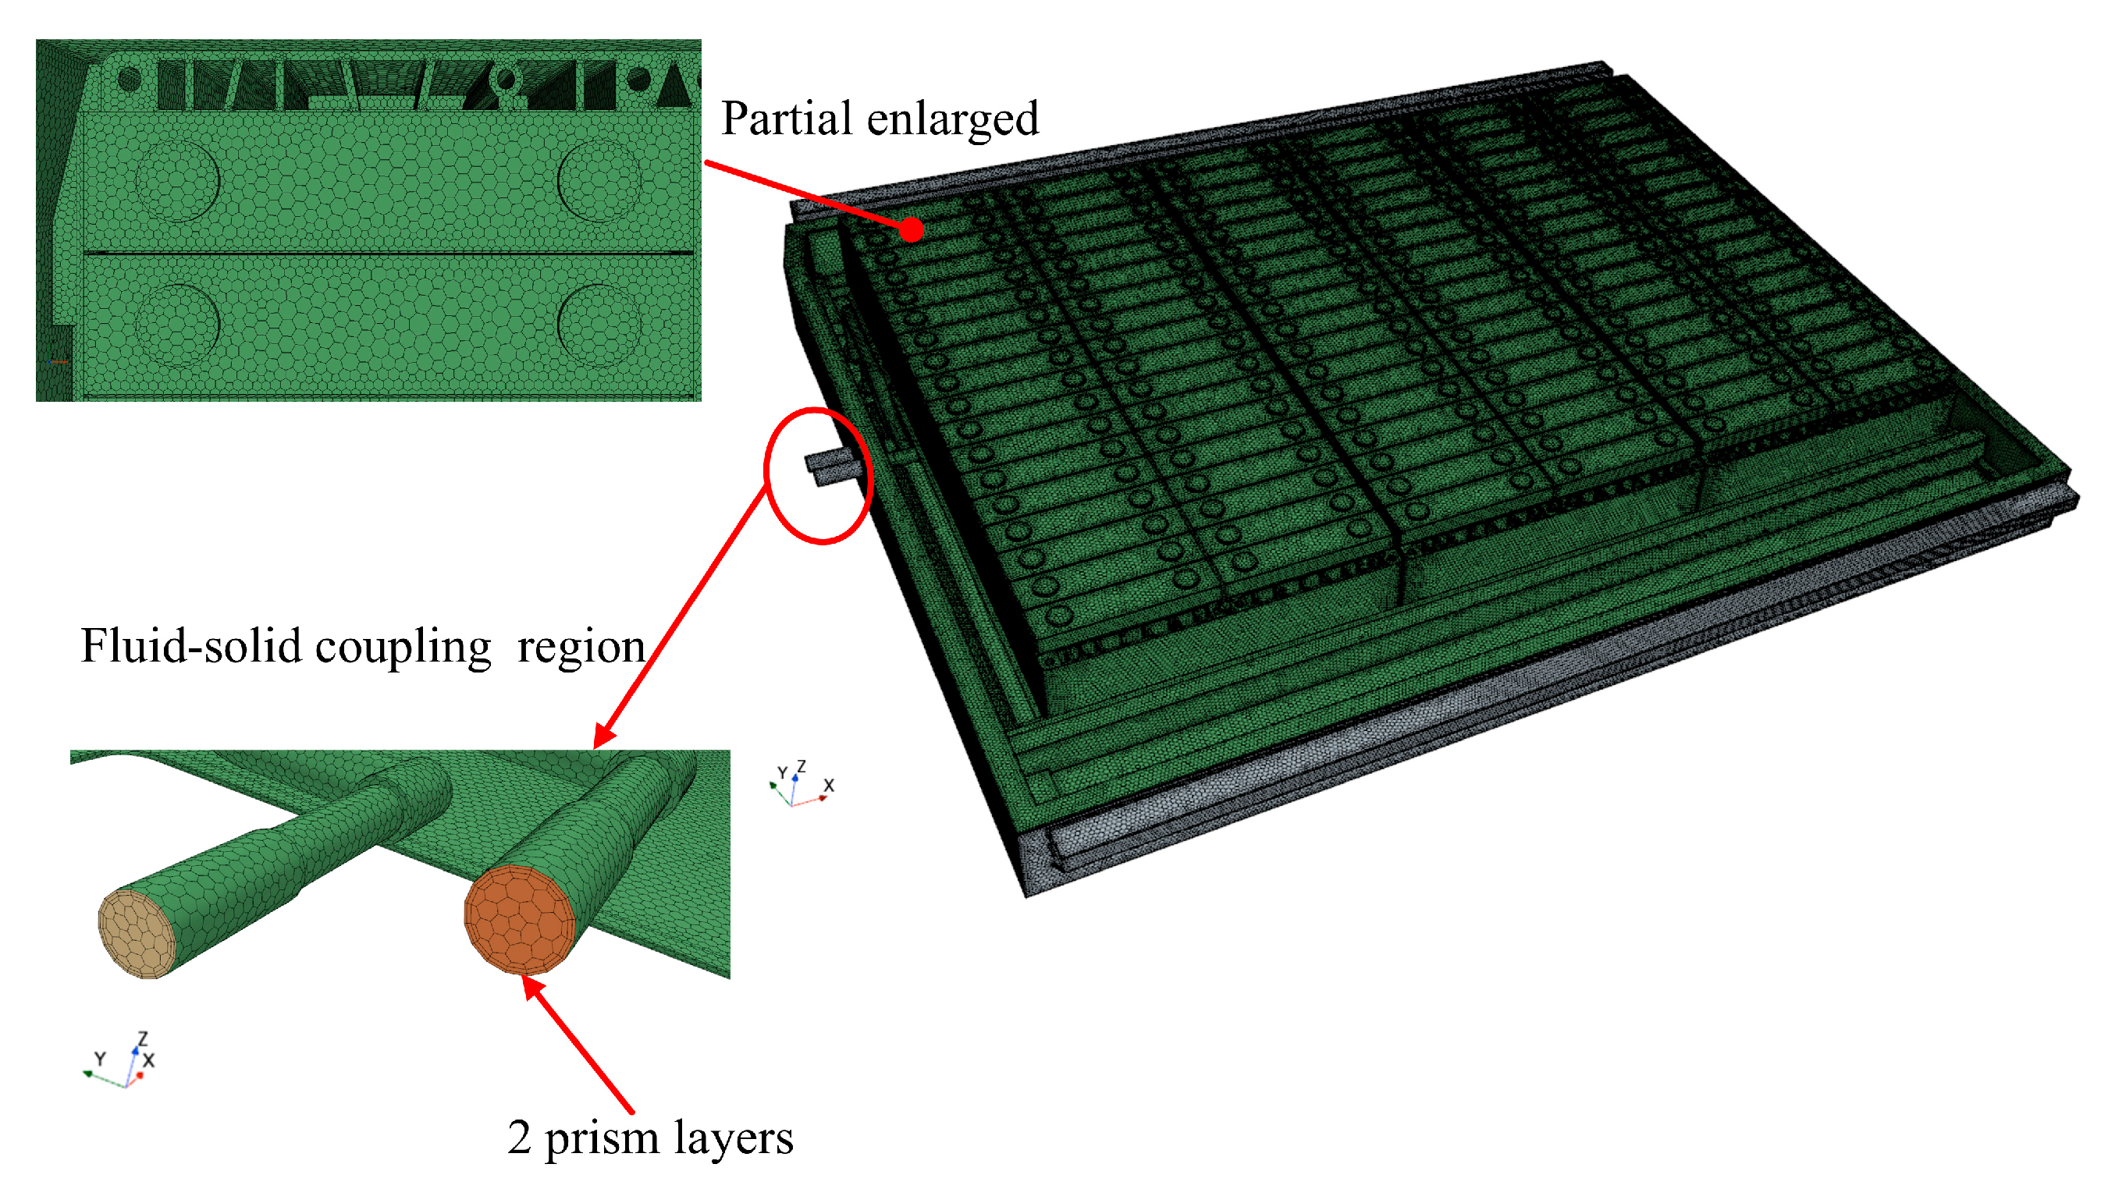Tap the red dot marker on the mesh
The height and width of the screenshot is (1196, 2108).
[x=910, y=230]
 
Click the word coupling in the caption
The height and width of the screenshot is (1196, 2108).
[x=403, y=648]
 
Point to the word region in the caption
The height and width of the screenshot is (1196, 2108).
[x=581, y=648]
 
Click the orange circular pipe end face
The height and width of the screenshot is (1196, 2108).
[x=519, y=919]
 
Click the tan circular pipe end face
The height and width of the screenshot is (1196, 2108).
[x=137, y=934]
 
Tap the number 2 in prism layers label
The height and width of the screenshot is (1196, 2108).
[x=518, y=1137]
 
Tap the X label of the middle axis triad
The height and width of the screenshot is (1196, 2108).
[x=829, y=786]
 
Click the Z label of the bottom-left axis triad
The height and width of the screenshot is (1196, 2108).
[x=143, y=1039]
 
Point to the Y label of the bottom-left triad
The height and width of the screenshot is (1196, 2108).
[x=100, y=1059]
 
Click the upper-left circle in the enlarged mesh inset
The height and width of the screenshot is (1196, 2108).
[x=177, y=180]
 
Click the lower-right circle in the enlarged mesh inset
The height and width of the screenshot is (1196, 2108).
[x=599, y=325]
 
